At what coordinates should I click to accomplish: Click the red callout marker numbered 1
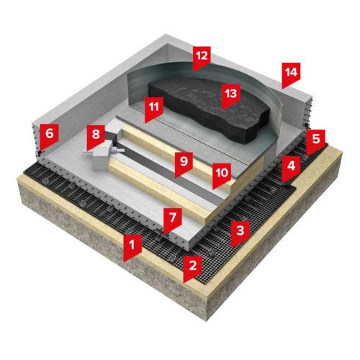(x=132, y=247)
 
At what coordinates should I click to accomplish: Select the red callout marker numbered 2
(x=193, y=269)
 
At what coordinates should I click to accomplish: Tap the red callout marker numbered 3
(x=240, y=233)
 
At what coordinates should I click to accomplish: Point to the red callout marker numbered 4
(x=291, y=168)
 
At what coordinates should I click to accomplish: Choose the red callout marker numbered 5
(x=316, y=142)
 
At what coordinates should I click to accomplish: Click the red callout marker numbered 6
(x=50, y=136)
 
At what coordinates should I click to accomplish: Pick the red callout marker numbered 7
(x=173, y=220)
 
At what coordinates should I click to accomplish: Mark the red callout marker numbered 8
(x=96, y=138)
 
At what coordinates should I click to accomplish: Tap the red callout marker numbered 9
(x=184, y=164)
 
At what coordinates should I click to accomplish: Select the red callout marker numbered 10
(x=222, y=176)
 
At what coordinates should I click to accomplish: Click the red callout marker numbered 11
(x=154, y=109)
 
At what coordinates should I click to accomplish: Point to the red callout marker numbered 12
(x=202, y=58)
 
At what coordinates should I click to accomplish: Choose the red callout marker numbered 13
(x=231, y=96)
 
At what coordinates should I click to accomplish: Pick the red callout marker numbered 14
(x=291, y=75)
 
